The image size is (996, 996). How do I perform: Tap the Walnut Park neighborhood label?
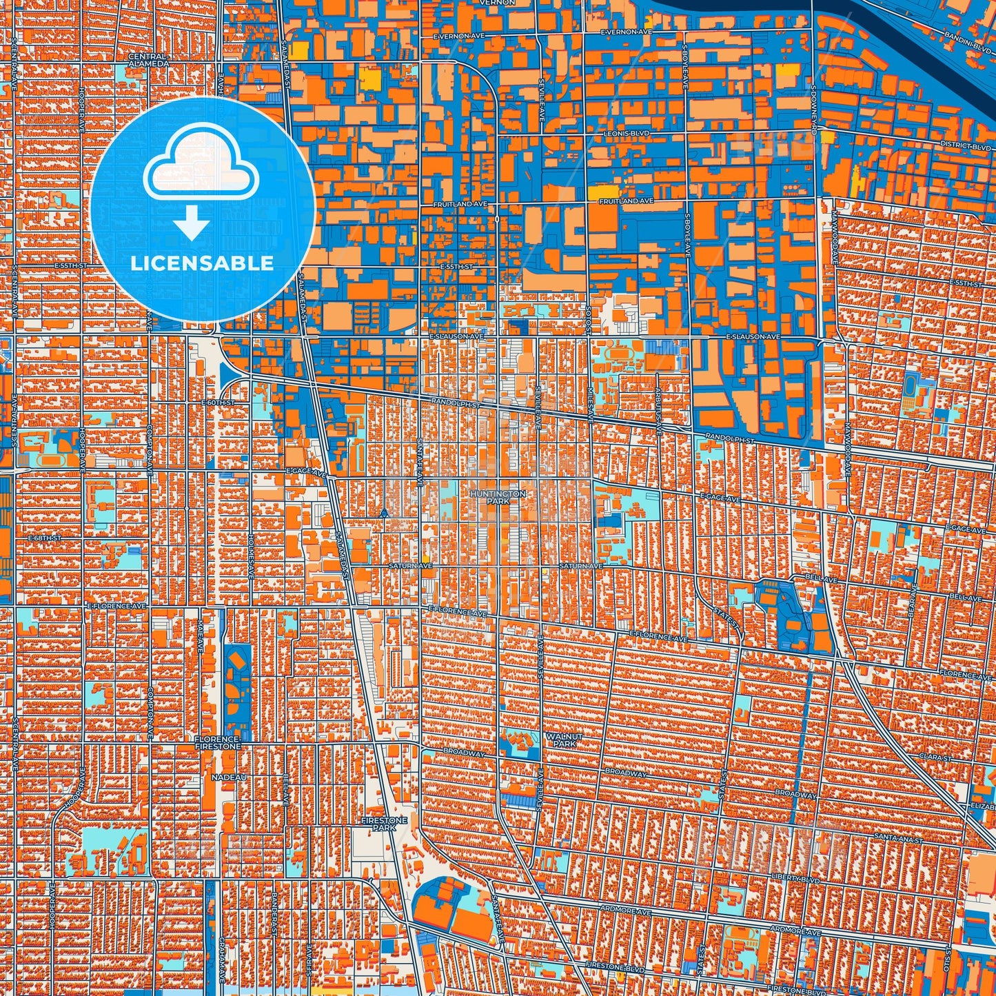564,740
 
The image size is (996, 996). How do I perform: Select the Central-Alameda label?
148,60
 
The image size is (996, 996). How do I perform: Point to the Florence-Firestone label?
218,742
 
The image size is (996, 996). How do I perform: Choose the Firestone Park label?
384,824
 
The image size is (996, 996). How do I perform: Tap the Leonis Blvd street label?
626,133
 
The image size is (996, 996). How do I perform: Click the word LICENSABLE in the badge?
203,263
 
